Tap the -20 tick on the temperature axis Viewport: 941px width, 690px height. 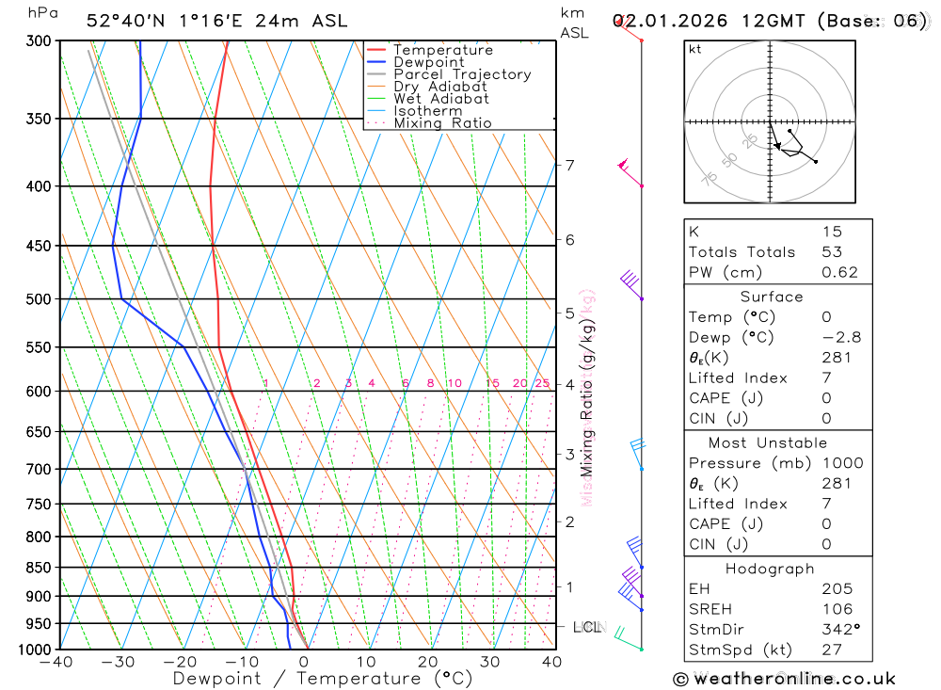click(180, 663)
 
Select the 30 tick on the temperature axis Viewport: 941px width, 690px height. click(490, 663)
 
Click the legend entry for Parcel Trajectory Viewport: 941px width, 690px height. click(461, 74)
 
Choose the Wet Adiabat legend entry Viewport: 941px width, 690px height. click(440, 99)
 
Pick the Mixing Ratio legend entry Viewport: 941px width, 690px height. click(442, 123)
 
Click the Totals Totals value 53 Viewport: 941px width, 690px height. click(832, 252)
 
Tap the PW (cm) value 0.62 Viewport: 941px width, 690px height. click(839, 273)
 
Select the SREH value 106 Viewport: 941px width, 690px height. click(837, 609)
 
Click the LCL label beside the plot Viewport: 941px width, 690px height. click(587, 627)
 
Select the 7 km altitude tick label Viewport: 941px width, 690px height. click(569, 166)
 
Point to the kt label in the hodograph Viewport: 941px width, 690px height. click(695, 50)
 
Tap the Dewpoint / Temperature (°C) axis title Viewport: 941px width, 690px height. click(322, 679)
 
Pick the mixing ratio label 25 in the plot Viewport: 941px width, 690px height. click(542, 383)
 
